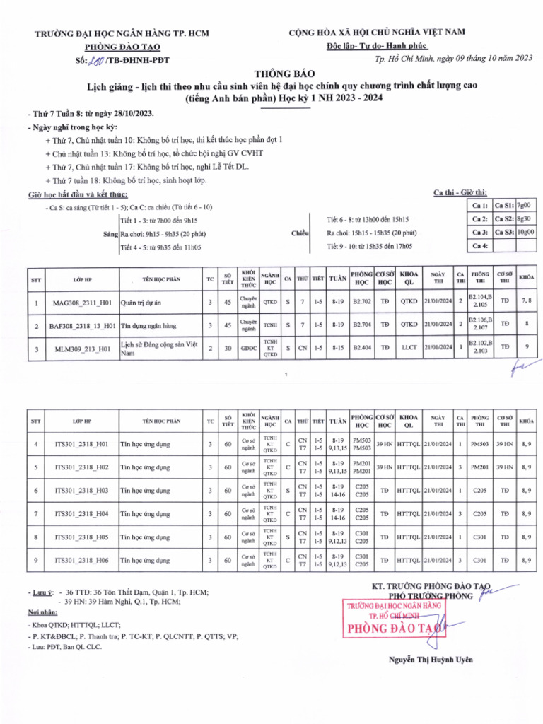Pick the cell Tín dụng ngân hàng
(148, 326)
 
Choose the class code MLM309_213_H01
(81, 349)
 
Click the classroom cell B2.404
(362, 347)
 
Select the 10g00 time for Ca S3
(525, 232)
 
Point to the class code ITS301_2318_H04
(81, 513)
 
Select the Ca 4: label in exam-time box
(480, 246)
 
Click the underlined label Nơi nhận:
(42, 612)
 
